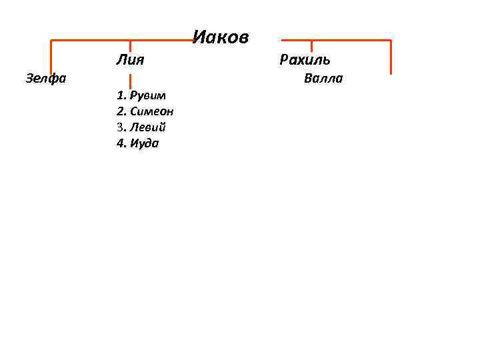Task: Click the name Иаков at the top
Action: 221,37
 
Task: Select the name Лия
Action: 131,61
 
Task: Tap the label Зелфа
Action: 45,79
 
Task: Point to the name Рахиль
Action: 305,61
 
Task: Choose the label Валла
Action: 323,79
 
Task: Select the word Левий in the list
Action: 148,127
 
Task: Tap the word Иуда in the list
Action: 146,143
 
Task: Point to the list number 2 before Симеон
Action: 121,111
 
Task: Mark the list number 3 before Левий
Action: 121,127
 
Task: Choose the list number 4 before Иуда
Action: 121,143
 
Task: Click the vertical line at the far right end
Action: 391,57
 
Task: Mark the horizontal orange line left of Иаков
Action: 120,41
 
